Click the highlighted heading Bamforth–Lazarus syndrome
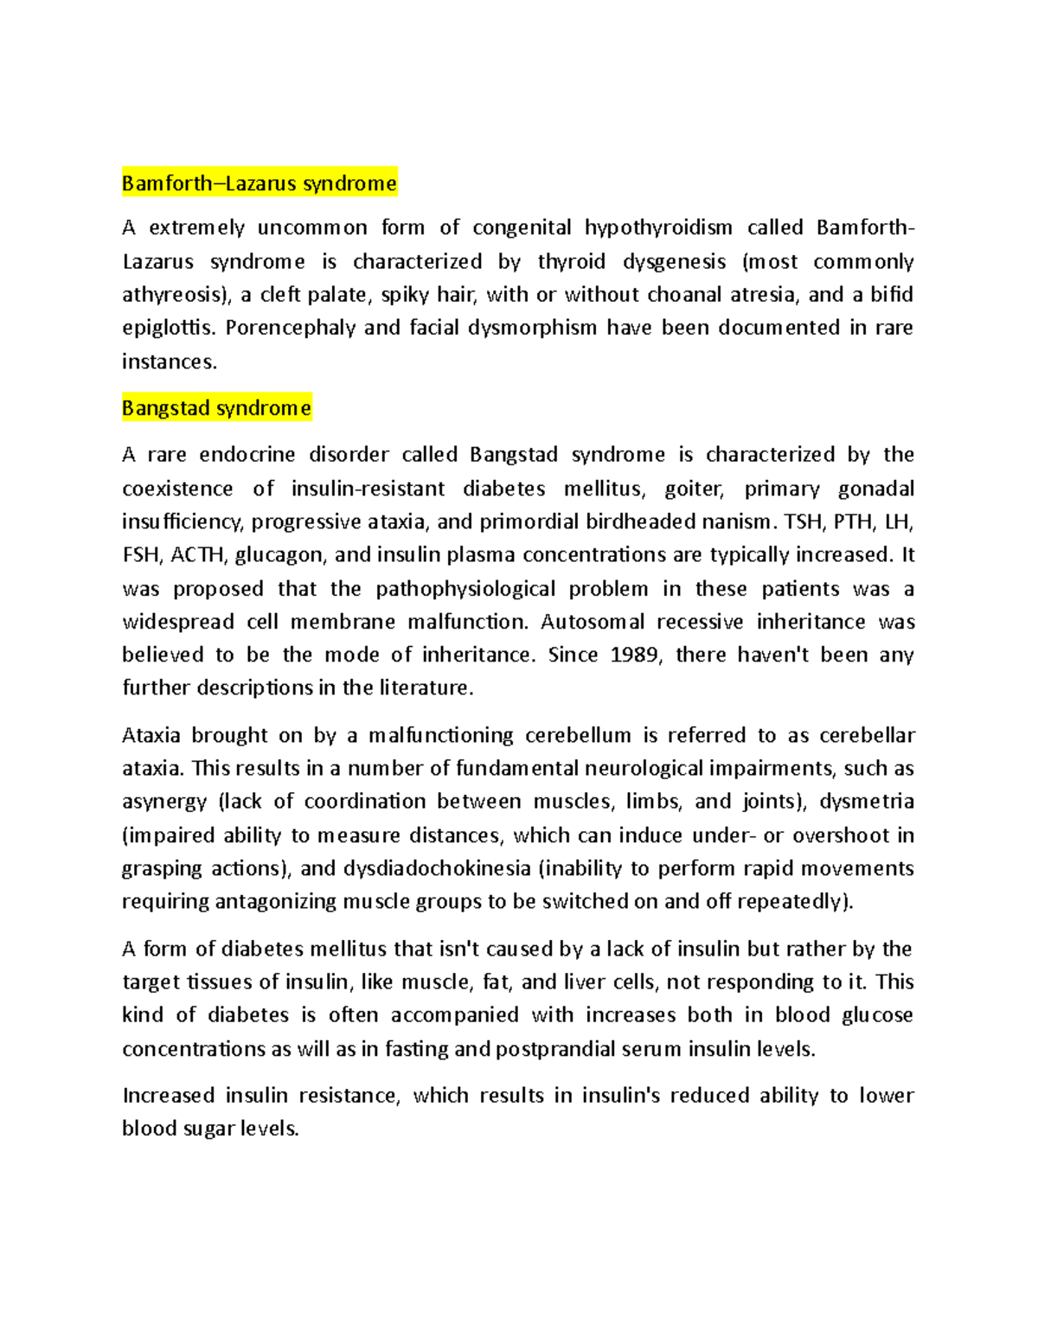[259, 183]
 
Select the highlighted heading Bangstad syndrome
[216, 408]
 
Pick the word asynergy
[164, 802]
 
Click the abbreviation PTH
[852, 521]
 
